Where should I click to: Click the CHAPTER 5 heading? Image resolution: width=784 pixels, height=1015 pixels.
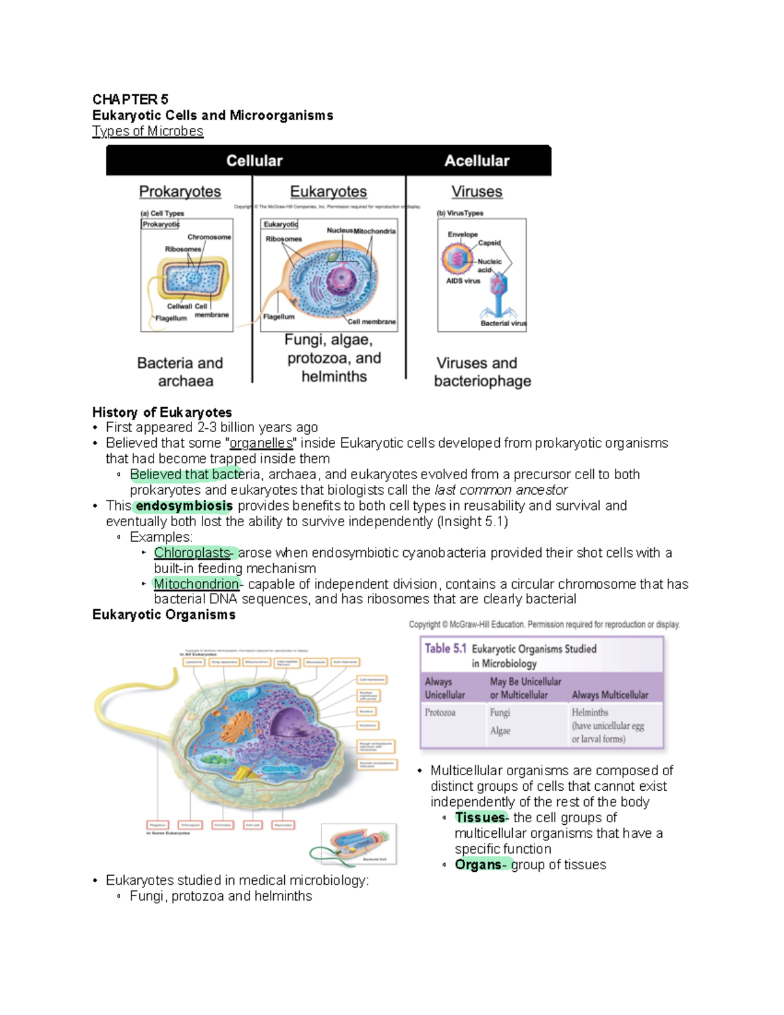click(x=130, y=99)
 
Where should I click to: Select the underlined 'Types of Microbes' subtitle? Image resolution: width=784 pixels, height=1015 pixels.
click(x=148, y=131)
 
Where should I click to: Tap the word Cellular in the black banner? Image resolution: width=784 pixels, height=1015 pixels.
click(x=254, y=161)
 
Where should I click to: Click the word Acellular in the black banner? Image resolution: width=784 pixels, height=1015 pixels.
click(x=476, y=161)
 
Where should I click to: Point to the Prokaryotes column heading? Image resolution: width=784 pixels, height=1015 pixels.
click(x=180, y=191)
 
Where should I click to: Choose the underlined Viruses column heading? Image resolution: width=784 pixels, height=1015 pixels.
click(x=476, y=191)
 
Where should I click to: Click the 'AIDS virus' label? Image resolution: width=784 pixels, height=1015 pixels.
click(x=463, y=281)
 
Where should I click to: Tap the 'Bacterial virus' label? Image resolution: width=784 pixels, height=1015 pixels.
click(x=503, y=323)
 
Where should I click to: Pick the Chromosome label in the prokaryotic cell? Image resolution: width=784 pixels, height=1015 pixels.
click(x=209, y=237)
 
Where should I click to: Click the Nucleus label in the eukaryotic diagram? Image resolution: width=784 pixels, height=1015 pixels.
click(x=339, y=231)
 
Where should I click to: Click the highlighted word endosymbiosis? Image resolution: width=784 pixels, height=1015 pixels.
click(x=184, y=506)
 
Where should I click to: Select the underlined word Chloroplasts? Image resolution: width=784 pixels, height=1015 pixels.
click(x=193, y=553)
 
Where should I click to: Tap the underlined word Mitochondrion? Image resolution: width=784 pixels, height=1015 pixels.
click(x=197, y=584)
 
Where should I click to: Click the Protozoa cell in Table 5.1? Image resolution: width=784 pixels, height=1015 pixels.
click(x=440, y=712)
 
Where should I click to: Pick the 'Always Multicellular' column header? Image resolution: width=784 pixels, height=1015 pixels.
click(x=610, y=695)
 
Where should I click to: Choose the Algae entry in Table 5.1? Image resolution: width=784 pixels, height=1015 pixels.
click(x=500, y=731)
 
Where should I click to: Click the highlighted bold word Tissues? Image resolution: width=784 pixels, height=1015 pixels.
click(x=480, y=818)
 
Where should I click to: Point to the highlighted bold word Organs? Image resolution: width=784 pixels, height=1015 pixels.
click(x=478, y=865)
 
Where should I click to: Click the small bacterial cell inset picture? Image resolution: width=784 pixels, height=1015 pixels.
click(x=359, y=844)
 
